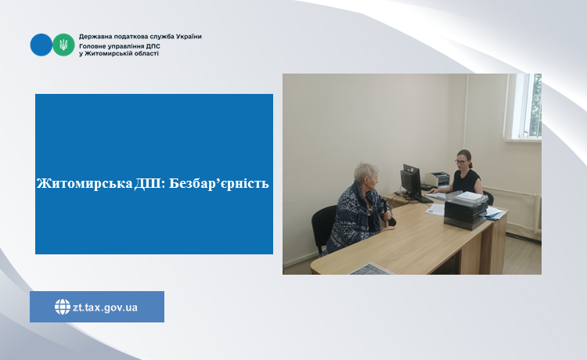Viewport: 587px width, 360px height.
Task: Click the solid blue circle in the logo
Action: click(x=41, y=45)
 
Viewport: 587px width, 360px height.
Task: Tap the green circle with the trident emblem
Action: click(x=63, y=45)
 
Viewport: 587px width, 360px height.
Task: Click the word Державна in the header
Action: click(x=92, y=37)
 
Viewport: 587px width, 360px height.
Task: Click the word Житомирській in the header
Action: click(x=106, y=53)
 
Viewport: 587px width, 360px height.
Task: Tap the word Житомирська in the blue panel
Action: click(x=85, y=183)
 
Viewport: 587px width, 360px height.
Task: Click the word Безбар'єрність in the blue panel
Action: click(x=218, y=183)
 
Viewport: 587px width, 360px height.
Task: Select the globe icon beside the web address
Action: click(x=62, y=307)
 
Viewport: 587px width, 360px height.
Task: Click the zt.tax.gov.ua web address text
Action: click(x=105, y=308)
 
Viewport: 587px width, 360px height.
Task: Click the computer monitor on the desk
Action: click(x=412, y=182)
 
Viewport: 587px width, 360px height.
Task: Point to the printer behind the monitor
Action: click(x=437, y=179)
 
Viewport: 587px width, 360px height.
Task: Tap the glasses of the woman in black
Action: click(x=461, y=162)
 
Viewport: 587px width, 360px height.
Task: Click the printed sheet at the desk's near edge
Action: click(x=371, y=269)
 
